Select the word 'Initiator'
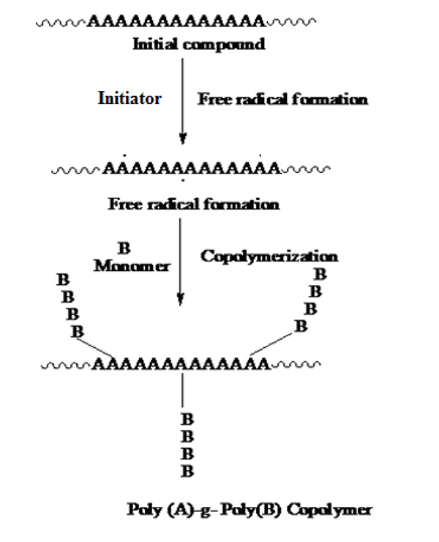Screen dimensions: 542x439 130,99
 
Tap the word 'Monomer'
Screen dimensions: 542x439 132,266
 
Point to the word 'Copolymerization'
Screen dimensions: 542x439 269,256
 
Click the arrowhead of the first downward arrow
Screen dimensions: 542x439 183,138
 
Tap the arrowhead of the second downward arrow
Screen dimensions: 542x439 180,300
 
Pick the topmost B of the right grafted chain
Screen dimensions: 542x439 319,275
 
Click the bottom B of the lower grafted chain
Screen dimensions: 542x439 187,471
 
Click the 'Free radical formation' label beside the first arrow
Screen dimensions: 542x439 282,100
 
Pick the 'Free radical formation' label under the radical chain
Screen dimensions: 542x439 193,204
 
